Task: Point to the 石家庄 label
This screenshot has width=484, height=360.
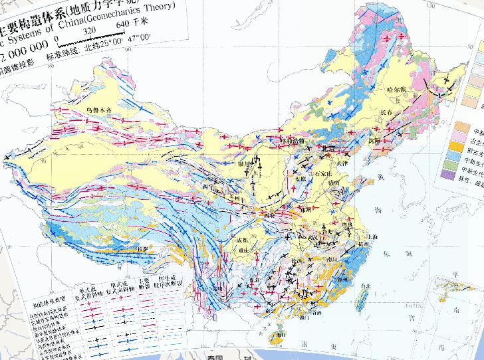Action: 323,175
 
